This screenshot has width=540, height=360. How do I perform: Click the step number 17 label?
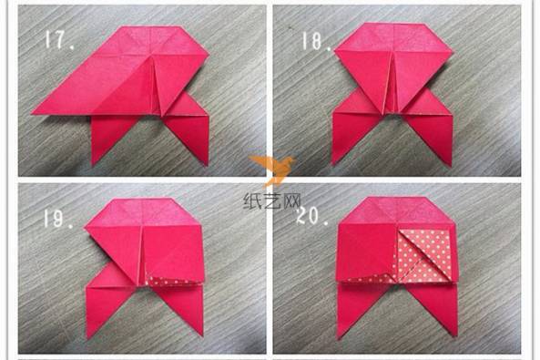point(59,40)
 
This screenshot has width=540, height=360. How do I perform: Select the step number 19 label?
point(57,219)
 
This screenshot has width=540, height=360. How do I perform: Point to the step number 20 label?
point(312,216)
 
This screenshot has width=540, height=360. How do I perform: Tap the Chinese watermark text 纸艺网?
point(272,201)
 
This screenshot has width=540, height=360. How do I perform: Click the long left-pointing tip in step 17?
point(33,112)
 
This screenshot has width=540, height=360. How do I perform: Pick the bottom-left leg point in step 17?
point(93,165)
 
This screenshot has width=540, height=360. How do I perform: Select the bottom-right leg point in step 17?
point(208,165)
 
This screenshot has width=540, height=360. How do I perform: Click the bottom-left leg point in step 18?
point(332,164)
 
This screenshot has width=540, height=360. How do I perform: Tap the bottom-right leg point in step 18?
point(450,166)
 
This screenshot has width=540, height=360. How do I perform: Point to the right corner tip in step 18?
point(452,53)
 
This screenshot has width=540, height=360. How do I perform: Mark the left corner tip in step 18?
point(335,51)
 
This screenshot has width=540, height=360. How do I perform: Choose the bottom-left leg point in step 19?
point(87,337)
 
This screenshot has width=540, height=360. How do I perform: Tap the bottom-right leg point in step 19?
point(202,335)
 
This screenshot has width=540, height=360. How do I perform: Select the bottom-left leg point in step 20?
point(339,337)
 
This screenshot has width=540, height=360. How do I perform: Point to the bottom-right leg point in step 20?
point(456,335)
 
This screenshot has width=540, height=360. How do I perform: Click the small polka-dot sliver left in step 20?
point(371,279)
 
